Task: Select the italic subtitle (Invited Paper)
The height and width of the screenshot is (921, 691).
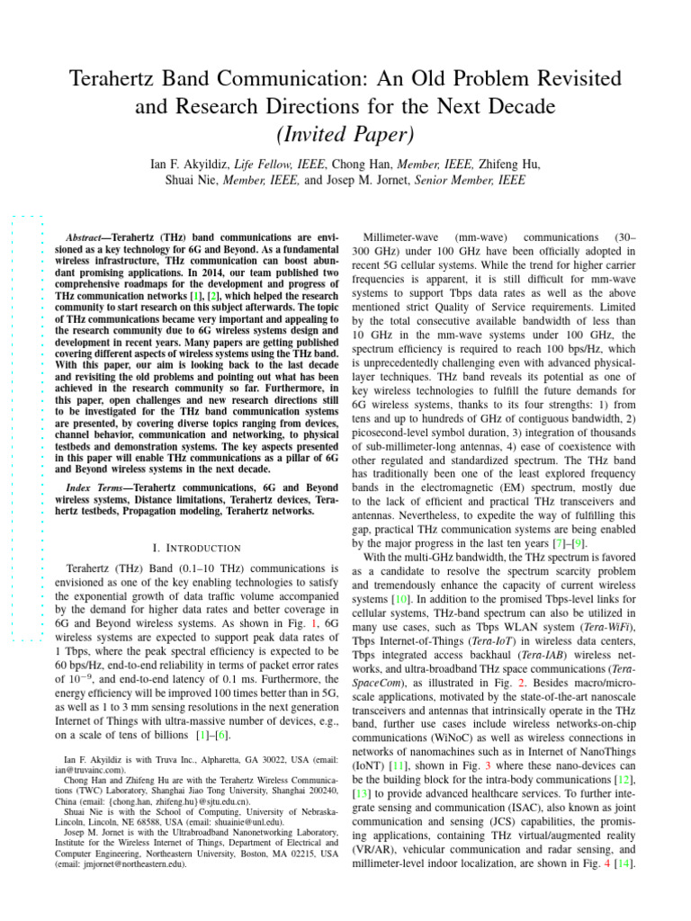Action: coord(345,136)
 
